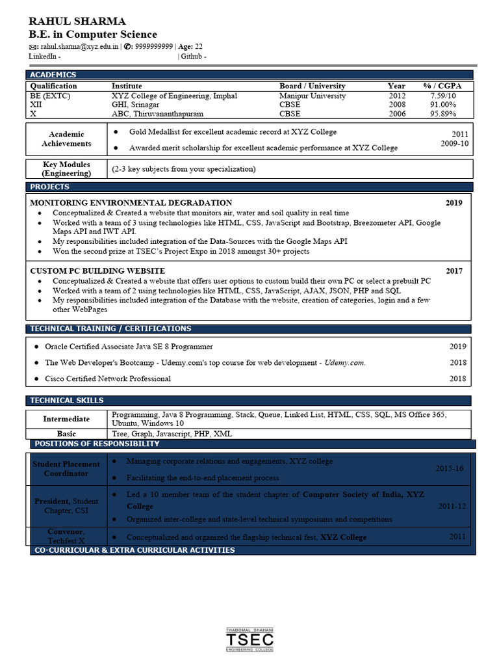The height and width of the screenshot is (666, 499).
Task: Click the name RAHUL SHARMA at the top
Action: click(x=77, y=21)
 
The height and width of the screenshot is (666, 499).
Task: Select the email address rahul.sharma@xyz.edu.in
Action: click(x=79, y=47)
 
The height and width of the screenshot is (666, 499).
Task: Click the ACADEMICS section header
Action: click(x=53, y=75)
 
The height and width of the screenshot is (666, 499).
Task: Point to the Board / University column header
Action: click(x=312, y=86)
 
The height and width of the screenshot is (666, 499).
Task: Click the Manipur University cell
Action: click(x=313, y=96)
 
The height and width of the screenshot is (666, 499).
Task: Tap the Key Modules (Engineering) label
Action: click(x=66, y=169)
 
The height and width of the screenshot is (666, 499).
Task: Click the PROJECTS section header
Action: click(x=50, y=187)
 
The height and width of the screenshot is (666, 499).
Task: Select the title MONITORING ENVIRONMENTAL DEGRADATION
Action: click(x=131, y=203)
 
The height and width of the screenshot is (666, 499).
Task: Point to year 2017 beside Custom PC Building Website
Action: click(x=454, y=271)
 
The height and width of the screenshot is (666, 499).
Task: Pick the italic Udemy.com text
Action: click(x=344, y=363)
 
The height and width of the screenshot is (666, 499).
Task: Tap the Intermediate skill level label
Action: click(x=66, y=419)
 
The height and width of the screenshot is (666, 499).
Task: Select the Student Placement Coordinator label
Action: click(x=66, y=469)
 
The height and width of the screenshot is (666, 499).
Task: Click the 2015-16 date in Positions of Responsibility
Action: click(x=449, y=469)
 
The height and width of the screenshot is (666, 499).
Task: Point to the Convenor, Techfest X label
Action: click(x=66, y=536)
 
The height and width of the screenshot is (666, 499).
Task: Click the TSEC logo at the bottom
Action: click(x=249, y=641)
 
